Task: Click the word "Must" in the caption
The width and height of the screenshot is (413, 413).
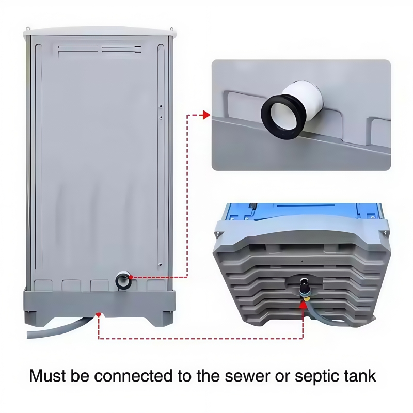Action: (47, 376)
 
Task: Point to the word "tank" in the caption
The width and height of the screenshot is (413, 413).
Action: (360, 376)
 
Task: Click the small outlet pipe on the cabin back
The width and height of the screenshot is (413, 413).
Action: (123, 280)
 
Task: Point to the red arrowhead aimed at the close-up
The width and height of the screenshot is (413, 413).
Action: (206, 115)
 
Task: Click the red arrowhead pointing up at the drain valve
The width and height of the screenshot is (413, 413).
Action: (303, 305)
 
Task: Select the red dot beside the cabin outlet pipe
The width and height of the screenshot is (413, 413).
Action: (131, 277)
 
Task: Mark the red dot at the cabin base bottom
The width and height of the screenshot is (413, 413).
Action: (99, 314)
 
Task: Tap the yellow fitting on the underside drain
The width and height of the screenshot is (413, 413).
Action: (307, 298)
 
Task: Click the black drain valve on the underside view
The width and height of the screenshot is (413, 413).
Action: (305, 288)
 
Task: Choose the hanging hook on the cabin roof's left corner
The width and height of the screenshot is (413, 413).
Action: (27, 28)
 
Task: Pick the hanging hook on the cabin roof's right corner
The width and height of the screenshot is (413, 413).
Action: (172, 29)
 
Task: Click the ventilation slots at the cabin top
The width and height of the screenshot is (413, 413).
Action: (100, 50)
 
